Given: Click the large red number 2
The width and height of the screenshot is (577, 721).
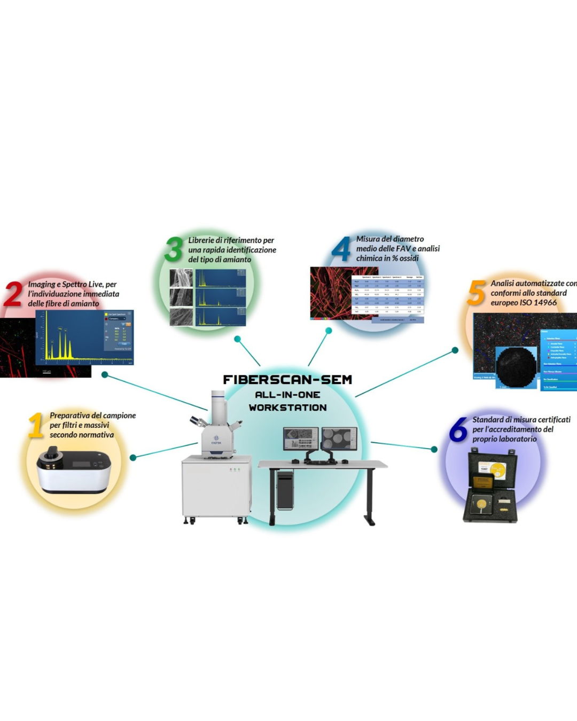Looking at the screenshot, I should point(13,294).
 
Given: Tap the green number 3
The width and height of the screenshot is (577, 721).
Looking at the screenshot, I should point(174,249).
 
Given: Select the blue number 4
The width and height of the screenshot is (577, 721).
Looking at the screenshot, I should point(341,249).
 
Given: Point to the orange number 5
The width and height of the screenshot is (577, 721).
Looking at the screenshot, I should point(477,293).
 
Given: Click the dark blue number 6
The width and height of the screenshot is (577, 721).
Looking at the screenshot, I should point(458,429).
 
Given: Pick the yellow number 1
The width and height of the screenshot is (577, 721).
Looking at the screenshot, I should point(36,425).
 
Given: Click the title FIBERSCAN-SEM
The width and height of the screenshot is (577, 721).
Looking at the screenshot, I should point(287,380).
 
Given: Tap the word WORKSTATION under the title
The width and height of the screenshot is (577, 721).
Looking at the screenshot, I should point(287,407).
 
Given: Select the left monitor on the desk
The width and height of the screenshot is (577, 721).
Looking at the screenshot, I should point(300,438).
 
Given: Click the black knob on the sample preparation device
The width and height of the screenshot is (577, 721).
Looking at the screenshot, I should point(52,453).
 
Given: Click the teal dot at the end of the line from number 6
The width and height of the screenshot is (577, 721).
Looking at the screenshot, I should point(434,450).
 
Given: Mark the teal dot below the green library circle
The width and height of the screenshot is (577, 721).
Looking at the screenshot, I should point(237,339).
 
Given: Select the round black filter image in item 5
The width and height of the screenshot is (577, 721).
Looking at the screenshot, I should point(516,367).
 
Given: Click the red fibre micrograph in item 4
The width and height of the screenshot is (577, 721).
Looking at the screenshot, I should point(330,293).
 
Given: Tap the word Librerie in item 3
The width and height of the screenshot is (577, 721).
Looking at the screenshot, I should point(201,240).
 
